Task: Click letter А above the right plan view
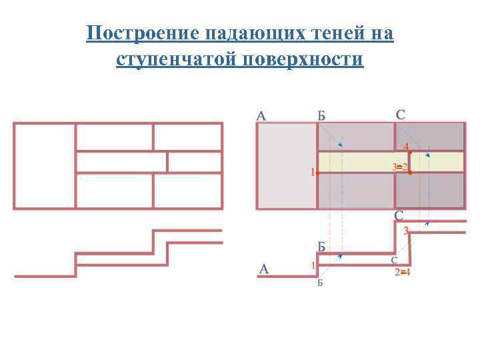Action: [x=261, y=115]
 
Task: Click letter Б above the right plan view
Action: [x=321, y=115]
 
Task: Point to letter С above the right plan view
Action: [x=400, y=115]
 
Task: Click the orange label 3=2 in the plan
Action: [x=400, y=166]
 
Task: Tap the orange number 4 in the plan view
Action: [x=407, y=146]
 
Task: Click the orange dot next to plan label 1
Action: [x=318, y=173]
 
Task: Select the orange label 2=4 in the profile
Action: [x=402, y=272]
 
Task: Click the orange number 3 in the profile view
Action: [x=405, y=231]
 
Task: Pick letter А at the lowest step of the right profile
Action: [x=264, y=269]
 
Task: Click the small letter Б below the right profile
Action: [x=320, y=283]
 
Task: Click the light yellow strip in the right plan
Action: [x=360, y=162]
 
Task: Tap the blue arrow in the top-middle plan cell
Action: [x=340, y=145]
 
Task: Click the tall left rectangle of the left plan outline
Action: [x=45, y=165]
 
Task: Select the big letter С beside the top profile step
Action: [x=399, y=216]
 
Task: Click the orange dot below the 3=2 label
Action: [x=409, y=173]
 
